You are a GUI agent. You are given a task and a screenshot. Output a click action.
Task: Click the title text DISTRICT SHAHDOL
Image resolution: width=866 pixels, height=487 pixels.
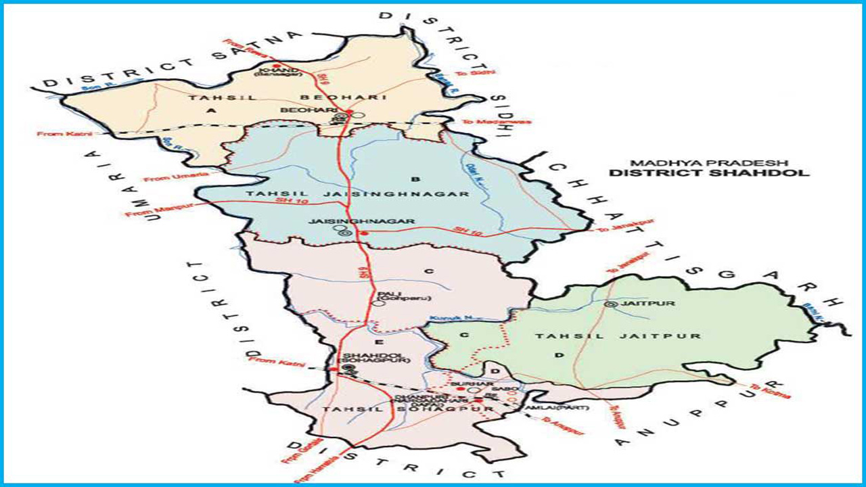(x=708, y=172)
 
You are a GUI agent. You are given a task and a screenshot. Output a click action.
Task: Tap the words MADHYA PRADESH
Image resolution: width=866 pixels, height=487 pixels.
(x=708, y=162)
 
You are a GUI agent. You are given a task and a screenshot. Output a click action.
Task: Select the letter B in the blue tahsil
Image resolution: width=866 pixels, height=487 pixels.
(x=416, y=179)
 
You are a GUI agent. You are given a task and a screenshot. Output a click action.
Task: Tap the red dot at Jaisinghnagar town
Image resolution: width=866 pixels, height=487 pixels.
(x=364, y=233)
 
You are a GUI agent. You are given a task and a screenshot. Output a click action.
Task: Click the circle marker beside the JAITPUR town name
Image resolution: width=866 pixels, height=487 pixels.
(x=611, y=304)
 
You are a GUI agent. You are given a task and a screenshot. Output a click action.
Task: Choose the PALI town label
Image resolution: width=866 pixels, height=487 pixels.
(x=386, y=293)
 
